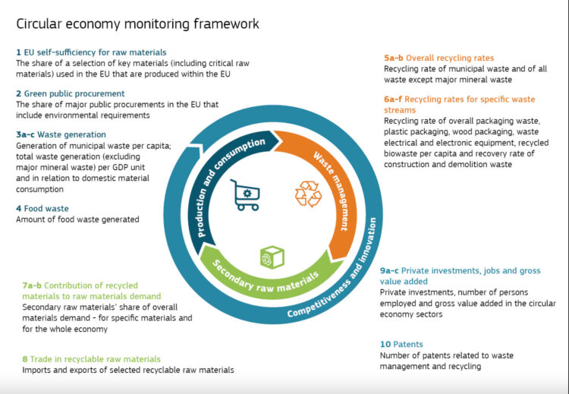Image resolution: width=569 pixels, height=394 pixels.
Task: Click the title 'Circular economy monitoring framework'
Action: click(137, 24)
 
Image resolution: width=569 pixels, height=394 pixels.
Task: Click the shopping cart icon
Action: click(246, 195)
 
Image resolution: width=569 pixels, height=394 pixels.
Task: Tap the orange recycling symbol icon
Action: click(308, 194)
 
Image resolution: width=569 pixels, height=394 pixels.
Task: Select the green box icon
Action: click(271, 257)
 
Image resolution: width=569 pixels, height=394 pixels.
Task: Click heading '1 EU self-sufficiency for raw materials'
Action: click(91, 52)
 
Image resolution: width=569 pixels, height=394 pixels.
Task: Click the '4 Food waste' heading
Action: click(42, 208)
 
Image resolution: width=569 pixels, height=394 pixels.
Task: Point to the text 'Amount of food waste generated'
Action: click(77, 219)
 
